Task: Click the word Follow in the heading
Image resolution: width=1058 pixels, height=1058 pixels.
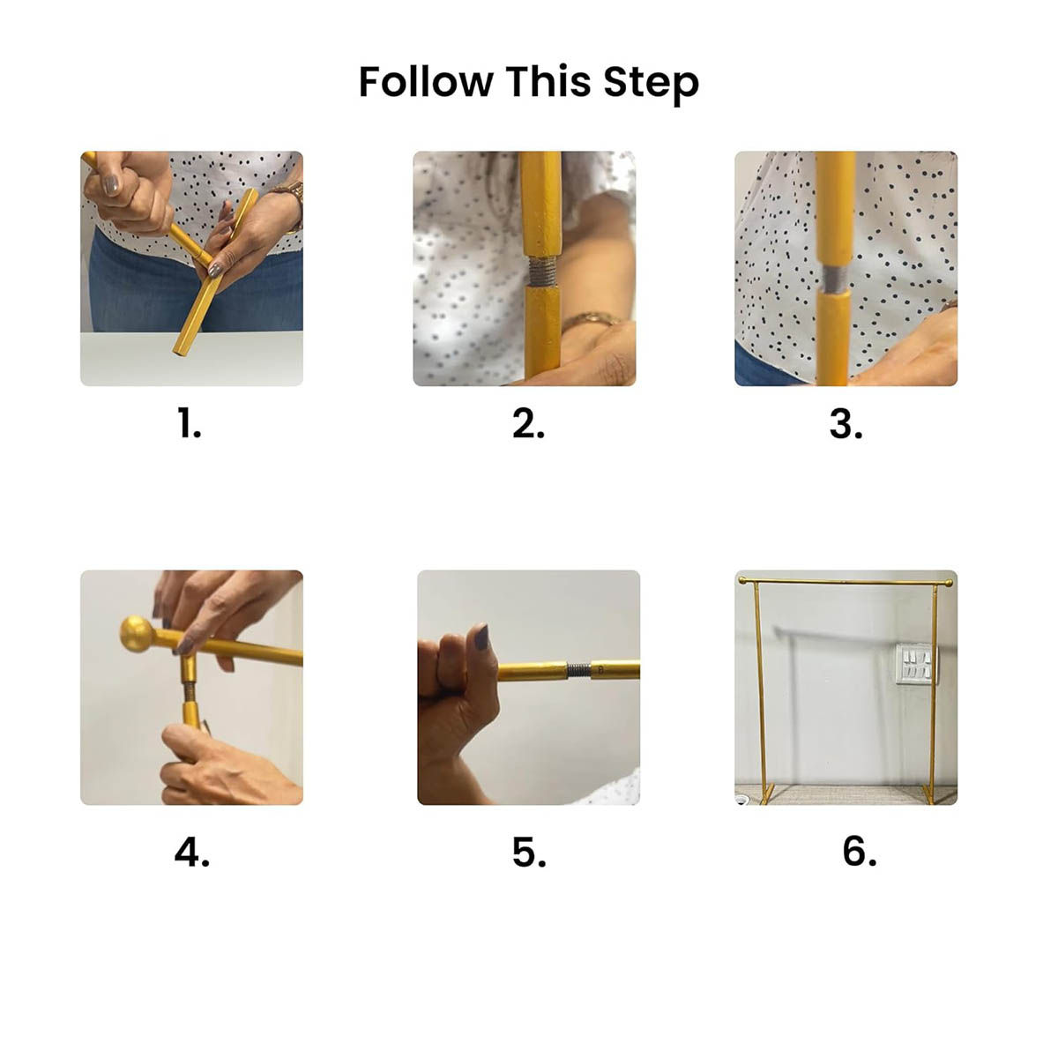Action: click(x=426, y=81)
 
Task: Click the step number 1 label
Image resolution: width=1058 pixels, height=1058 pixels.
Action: click(x=190, y=424)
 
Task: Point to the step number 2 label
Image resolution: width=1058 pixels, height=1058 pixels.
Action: click(x=528, y=424)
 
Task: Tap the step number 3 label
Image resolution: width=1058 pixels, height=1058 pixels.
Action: click(x=846, y=424)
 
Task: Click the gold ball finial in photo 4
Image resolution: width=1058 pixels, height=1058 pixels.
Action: click(x=137, y=634)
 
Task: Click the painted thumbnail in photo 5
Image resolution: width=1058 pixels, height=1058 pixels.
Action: click(x=481, y=637)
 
